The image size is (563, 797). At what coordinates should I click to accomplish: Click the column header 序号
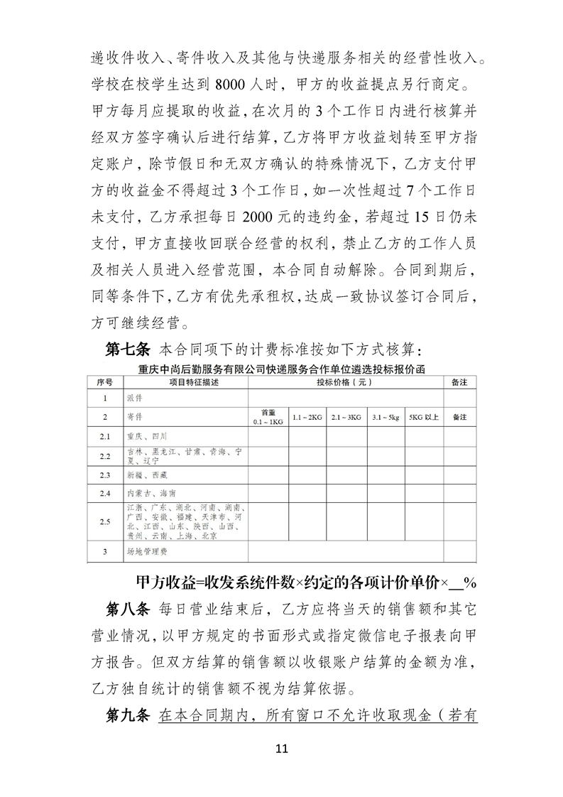pyautogui.click(x=105, y=381)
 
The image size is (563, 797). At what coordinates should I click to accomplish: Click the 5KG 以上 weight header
pyautogui.click(x=424, y=417)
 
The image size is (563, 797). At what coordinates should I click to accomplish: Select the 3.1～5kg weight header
pyautogui.click(x=385, y=417)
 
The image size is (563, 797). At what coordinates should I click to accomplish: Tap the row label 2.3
pyautogui.click(x=105, y=473)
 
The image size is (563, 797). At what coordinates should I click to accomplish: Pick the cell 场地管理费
pyautogui.click(x=146, y=551)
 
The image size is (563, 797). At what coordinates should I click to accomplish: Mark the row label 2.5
pyautogui.click(x=105, y=522)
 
